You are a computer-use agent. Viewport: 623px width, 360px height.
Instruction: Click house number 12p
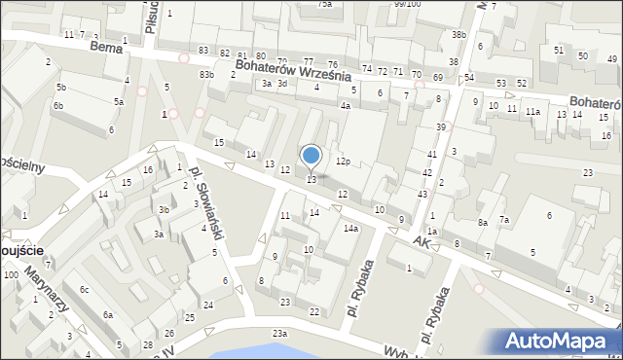coord(343,161)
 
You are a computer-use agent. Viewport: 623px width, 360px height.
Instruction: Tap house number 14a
coord(350,229)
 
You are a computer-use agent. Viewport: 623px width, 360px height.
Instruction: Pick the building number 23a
coord(279,334)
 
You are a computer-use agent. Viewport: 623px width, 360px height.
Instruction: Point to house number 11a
coord(532,112)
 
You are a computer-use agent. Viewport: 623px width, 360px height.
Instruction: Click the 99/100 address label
coord(407,4)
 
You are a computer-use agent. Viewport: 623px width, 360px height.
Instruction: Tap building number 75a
coord(324,4)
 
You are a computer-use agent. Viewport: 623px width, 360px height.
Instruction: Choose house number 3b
coord(165,210)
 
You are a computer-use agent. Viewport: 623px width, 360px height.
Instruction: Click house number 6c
coord(85,290)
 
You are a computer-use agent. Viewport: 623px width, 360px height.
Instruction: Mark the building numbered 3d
coord(282,84)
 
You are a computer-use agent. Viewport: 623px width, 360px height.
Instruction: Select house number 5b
coord(60,88)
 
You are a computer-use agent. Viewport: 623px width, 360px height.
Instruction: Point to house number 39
coord(441,127)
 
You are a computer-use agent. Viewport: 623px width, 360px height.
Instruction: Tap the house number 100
coord(11,275)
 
